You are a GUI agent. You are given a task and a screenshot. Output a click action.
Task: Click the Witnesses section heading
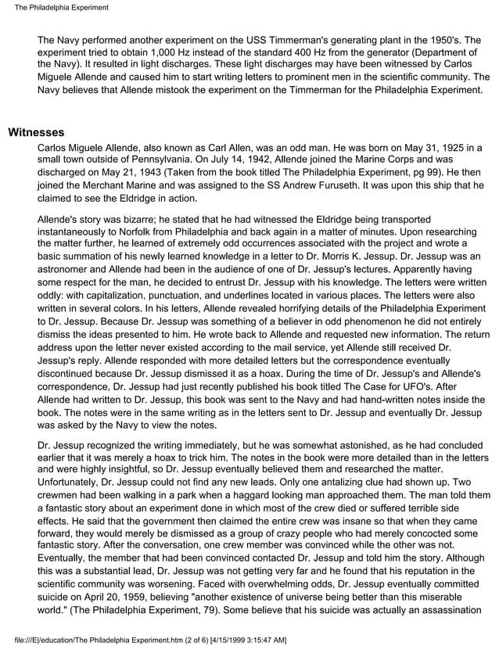(x=36, y=132)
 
